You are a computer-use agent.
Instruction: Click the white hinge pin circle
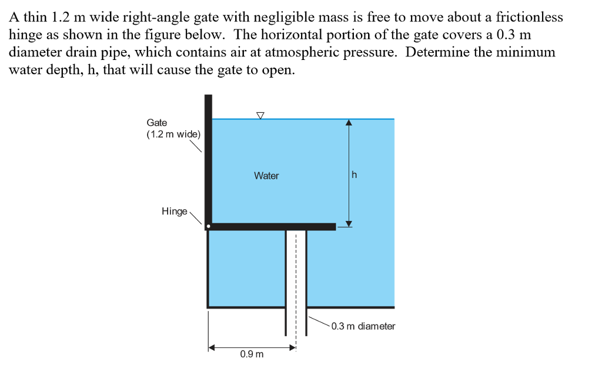[208, 226]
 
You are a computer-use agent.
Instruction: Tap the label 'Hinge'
[174, 211]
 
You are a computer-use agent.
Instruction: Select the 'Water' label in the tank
[266, 176]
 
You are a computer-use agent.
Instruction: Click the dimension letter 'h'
[354, 175]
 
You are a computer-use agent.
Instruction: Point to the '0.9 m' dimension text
[252, 354]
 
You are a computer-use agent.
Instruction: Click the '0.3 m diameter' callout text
[363, 326]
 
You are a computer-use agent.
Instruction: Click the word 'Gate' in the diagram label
[157, 123]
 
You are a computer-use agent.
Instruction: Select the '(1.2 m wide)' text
[173, 134]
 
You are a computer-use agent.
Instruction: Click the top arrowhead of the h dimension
[349, 123]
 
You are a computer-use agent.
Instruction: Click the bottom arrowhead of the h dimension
[349, 223]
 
